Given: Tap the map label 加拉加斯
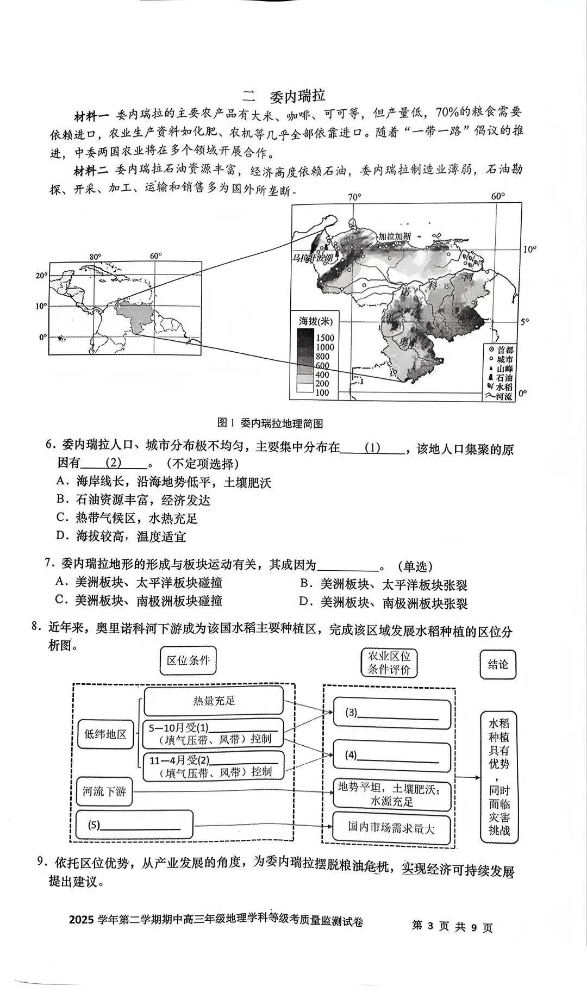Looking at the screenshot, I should tap(395, 236).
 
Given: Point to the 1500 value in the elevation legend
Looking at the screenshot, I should tap(325, 338).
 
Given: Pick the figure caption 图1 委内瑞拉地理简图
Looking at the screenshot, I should tap(270, 423).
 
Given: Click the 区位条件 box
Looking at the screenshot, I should tap(188, 660).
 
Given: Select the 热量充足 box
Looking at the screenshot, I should tap(214, 701).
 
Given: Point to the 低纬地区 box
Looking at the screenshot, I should tap(105, 734).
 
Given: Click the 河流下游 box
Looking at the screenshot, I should tap(104, 791).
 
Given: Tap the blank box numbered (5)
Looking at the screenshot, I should tap(134, 825).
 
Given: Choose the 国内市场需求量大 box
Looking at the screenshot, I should tap(391, 828).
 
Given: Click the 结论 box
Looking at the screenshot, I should tap(497, 664).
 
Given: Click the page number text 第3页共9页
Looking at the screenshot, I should tap(452, 926).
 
